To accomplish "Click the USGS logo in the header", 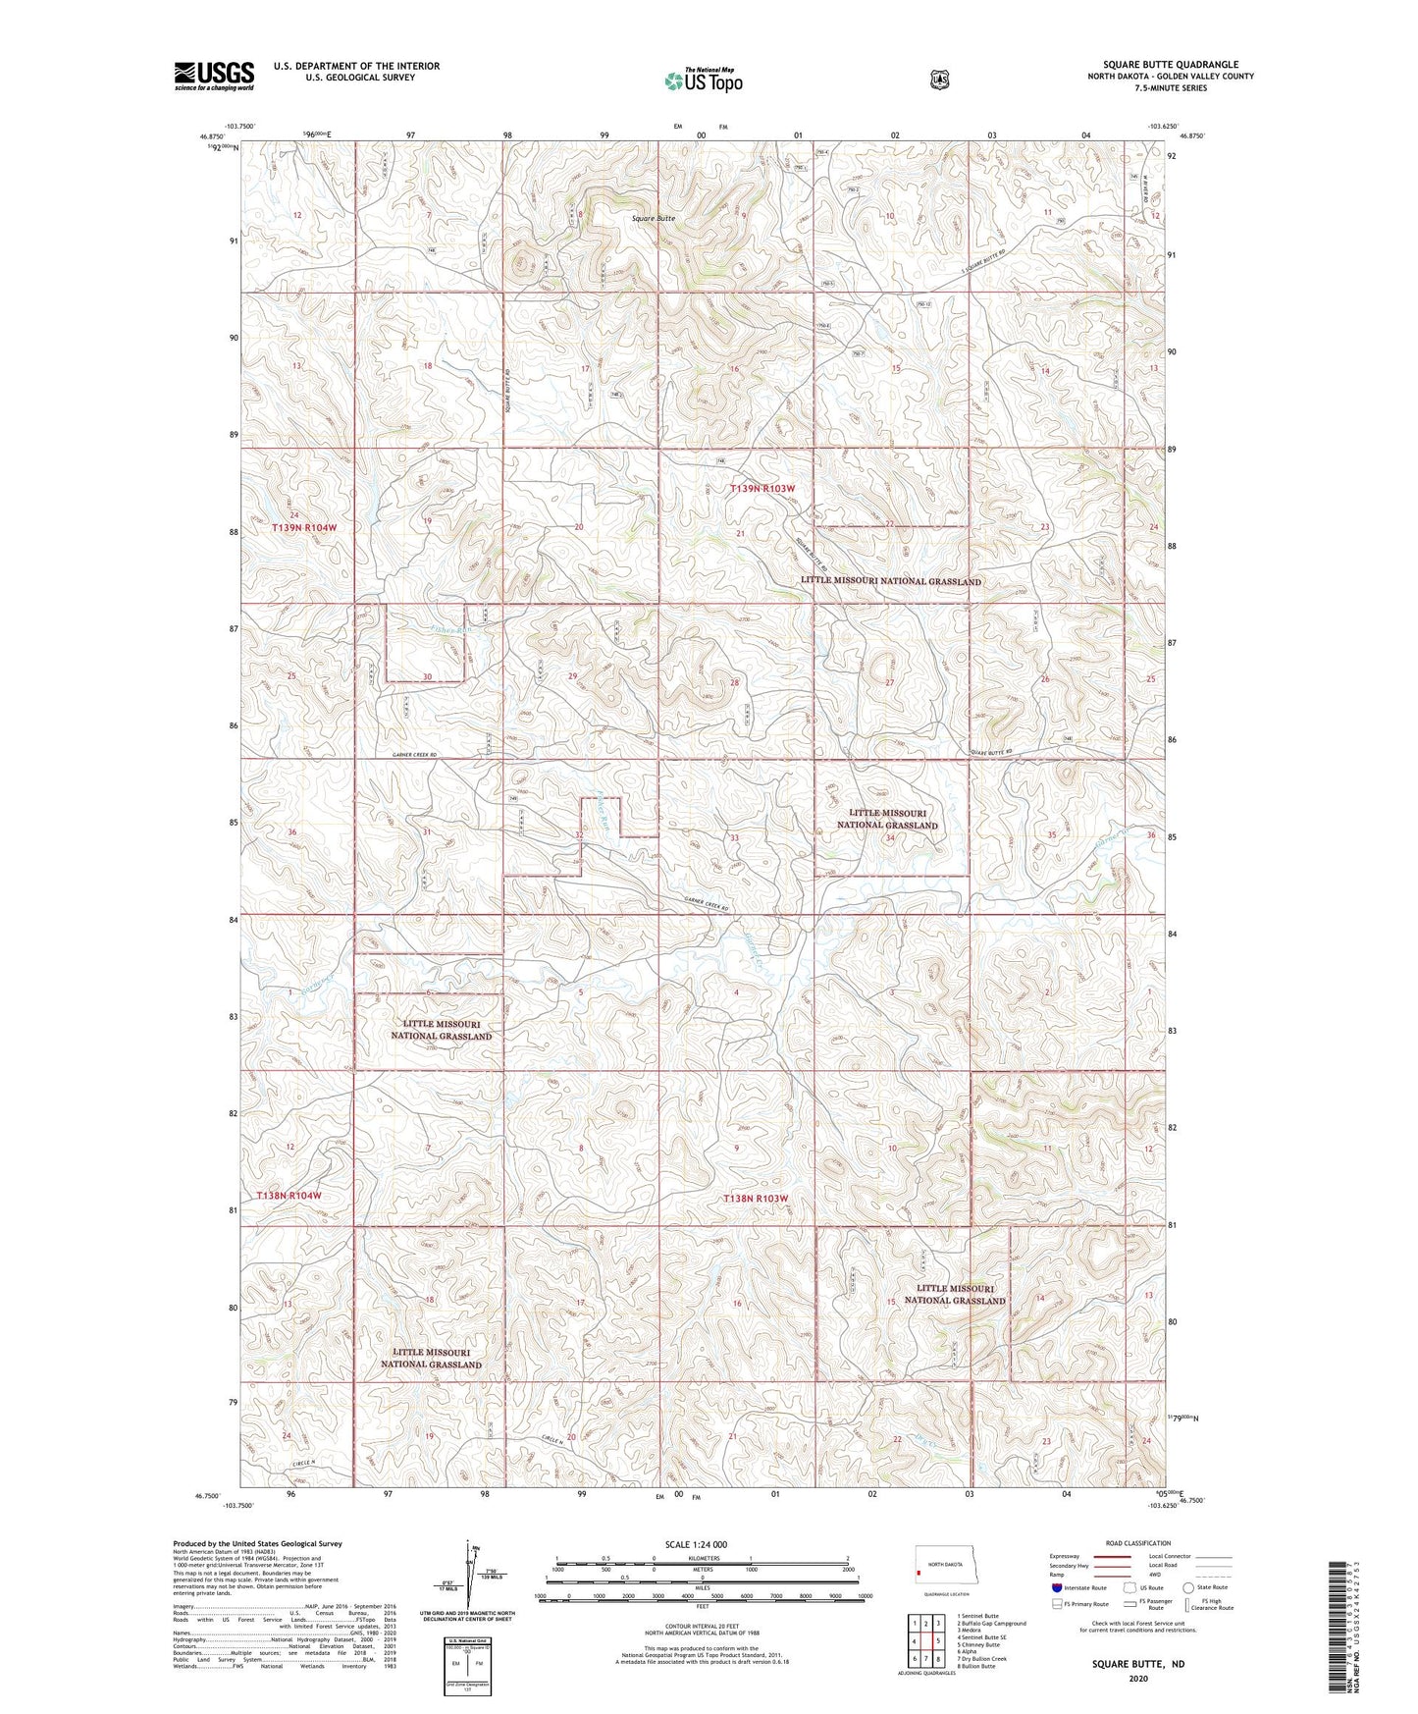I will (x=214, y=76).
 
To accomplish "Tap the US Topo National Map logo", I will (x=703, y=80).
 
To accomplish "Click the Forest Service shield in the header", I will (x=939, y=79).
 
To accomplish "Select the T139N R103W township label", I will (x=762, y=488).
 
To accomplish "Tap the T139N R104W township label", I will (x=304, y=527).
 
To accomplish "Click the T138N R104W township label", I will (x=289, y=1196).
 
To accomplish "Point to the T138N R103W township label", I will (x=756, y=1198).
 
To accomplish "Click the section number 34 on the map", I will (x=890, y=838).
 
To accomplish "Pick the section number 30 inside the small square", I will (x=427, y=676).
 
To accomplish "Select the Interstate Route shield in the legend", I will (x=1056, y=1586).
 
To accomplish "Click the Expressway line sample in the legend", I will (x=1114, y=1556).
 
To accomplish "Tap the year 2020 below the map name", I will (x=1138, y=1678).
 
